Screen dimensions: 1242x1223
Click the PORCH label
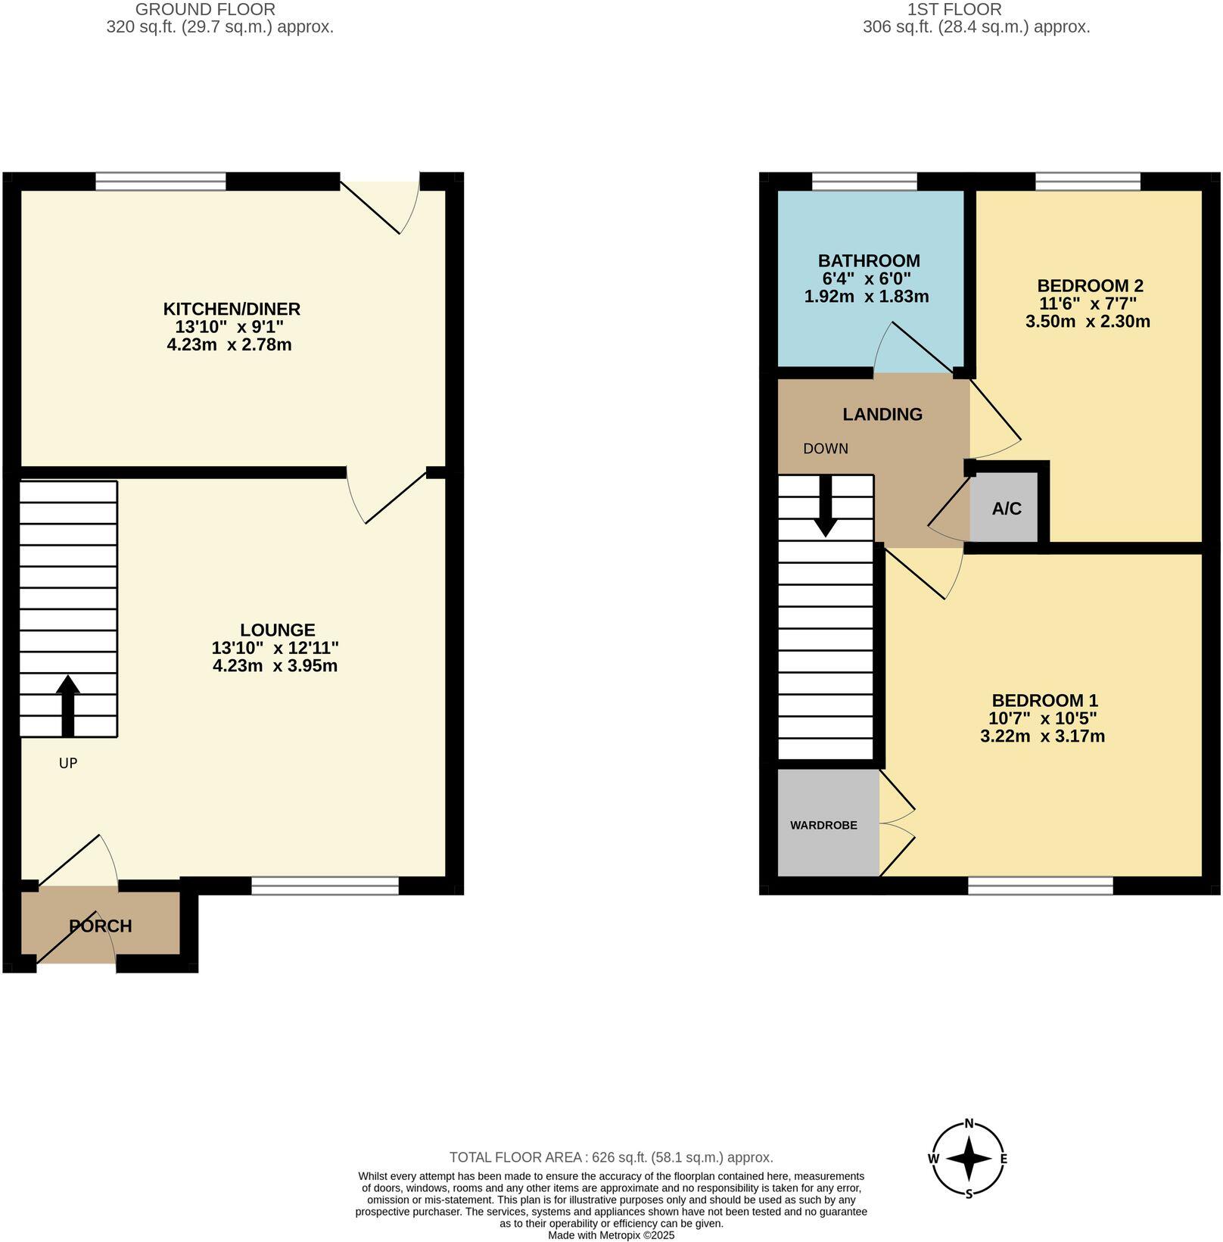tap(101, 926)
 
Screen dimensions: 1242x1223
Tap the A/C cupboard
tap(1006, 509)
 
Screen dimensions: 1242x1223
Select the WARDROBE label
tap(823, 825)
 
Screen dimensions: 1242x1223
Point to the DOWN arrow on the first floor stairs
tap(825, 506)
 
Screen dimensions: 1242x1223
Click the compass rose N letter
tap(968, 1124)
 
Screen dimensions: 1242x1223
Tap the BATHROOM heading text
tap(869, 260)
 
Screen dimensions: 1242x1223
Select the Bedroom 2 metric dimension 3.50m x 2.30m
tap(1088, 322)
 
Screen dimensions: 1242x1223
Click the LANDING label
tap(882, 414)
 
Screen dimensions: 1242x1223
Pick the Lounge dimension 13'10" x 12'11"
tap(275, 648)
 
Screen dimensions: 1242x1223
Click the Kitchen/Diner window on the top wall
tap(160, 181)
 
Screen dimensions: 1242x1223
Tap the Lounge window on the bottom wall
tap(325, 886)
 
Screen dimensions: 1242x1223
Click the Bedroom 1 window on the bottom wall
tap(1041, 886)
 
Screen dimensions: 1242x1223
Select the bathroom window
tap(864, 181)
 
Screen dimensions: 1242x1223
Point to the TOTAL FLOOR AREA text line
tap(611, 1157)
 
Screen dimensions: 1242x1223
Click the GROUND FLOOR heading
tap(205, 10)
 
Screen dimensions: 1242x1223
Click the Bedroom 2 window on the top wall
tap(1088, 181)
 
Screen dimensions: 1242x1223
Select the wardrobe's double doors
tap(897, 825)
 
